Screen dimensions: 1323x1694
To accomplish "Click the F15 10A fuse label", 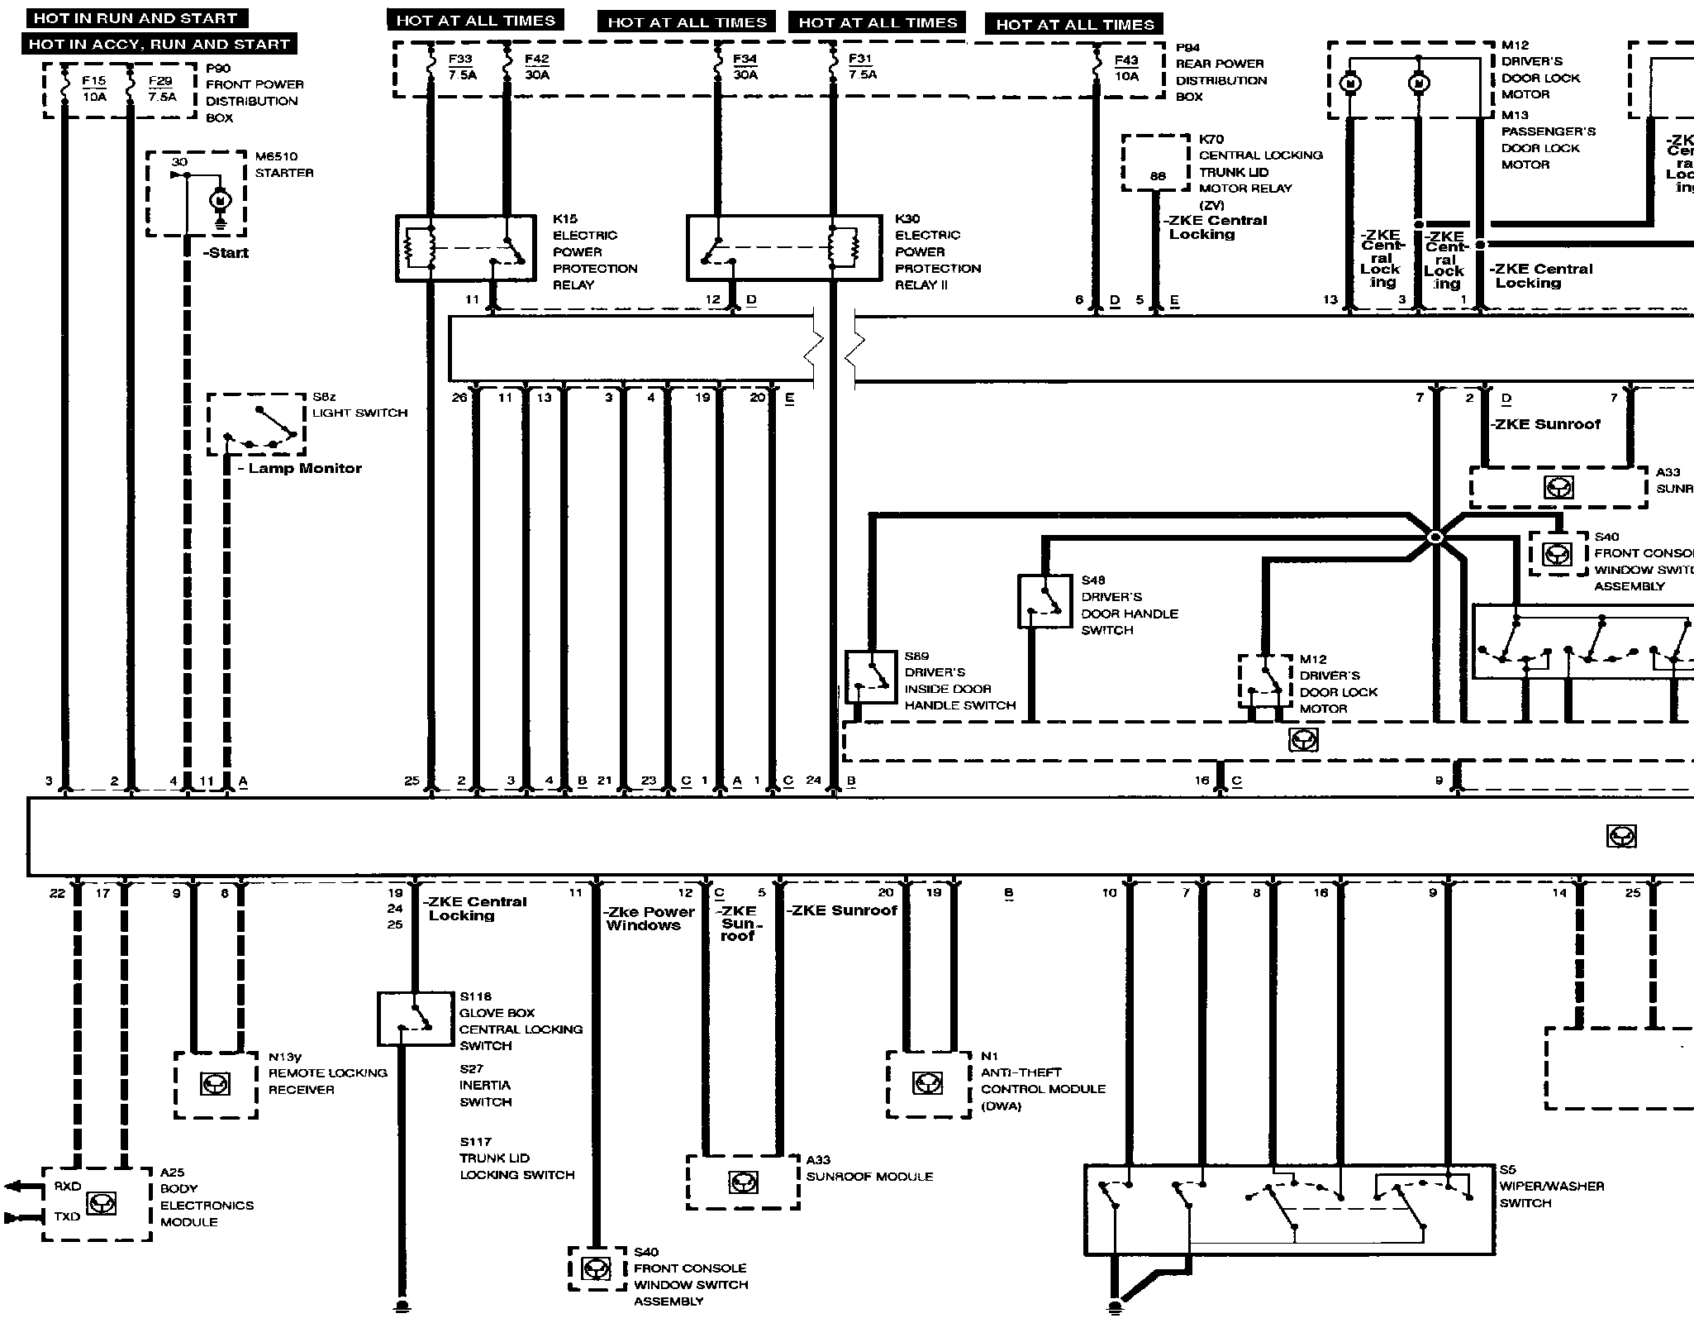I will click(x=94, y=88).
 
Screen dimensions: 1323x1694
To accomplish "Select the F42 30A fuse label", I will click(x=536, y=67).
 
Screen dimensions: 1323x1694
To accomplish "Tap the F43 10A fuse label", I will click(x=1126, y=68).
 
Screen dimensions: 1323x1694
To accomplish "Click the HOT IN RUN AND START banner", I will click(x=136, y=18).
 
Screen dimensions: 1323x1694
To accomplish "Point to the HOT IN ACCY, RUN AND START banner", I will click(x=159, y=45).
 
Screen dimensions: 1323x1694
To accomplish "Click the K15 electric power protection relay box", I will click(x=466, y=248).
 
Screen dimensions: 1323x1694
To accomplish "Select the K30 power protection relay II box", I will click(x=783, y=248).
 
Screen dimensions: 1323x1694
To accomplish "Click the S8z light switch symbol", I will click(x=256, y=424).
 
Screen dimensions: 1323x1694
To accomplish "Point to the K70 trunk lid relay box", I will click(x=1155, y=164).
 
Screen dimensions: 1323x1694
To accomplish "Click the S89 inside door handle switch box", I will click(x=871, y=676).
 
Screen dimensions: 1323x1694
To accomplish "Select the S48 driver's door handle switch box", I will click(x=1044, y=600).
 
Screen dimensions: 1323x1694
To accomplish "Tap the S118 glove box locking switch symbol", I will click(x=415, y=1019).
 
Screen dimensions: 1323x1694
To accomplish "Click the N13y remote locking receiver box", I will click(x=216, y=1084).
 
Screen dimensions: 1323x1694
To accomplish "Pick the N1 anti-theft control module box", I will click(x=928, y=1084).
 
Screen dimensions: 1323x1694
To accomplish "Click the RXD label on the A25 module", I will click(x=68, y=1187).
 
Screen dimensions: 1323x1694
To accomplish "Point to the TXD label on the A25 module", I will click(x=67, y=1216).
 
